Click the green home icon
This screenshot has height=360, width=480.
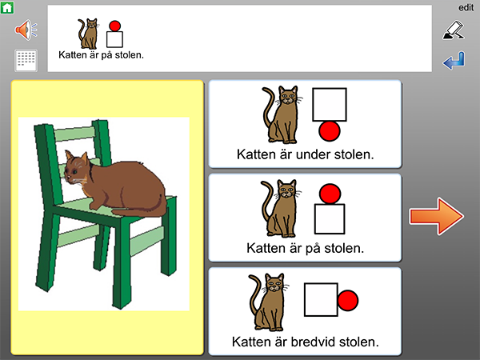(x=7, y=7)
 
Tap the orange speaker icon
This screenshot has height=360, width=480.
(x=26, y=30)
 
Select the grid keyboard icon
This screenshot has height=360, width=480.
(x=26, y=60)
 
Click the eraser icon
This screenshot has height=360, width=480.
(x=454, y=30)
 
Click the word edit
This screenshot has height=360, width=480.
(x=466, y=7)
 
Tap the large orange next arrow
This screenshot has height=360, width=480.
(x=437, y=216)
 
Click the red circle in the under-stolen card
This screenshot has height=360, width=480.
(x=330, y=131)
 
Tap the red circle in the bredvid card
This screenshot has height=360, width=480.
(x=348, y=301)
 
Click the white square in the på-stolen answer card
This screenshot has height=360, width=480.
(x=330, y=219)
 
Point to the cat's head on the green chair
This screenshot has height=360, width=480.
(x=77, y=169)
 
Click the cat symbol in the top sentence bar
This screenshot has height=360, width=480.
(x=88, y=34)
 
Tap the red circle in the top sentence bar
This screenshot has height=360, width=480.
(x=114, y=26)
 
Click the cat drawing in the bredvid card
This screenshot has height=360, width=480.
(x=267, y=302)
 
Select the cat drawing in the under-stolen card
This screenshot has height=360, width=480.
(x=280, y=114)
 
